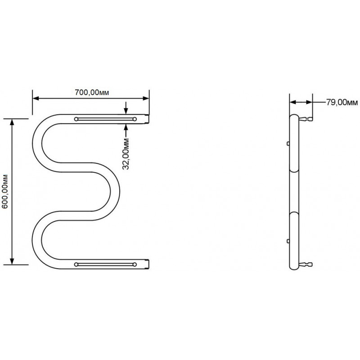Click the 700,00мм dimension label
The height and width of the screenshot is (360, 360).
[92, 92]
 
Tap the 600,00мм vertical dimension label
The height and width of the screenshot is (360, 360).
[5, 192]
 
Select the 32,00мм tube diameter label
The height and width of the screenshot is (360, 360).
[126, 154]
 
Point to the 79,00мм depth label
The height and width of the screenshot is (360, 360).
[342, 103]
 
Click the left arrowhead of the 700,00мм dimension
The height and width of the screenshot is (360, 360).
[36, 99]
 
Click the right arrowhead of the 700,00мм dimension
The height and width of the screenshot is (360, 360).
[146, 99]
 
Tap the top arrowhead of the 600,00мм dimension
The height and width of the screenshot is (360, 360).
[12, 122]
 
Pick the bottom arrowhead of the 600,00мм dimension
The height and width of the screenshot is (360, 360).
[12, 261]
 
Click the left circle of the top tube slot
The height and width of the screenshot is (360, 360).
[76, 119]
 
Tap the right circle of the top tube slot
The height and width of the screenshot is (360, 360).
[135, 119]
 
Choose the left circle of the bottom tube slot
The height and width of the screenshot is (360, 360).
[76, 265]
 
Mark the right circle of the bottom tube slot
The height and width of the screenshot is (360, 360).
[135, 265]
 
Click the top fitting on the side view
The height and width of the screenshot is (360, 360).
[306, 119]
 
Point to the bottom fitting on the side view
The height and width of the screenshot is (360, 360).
[306, 265]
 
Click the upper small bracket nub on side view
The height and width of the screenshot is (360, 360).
[288, 144]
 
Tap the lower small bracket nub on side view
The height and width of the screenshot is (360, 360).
[288, 241]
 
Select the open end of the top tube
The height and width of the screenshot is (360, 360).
[148, 119]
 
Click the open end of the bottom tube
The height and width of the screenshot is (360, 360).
[148, 264]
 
